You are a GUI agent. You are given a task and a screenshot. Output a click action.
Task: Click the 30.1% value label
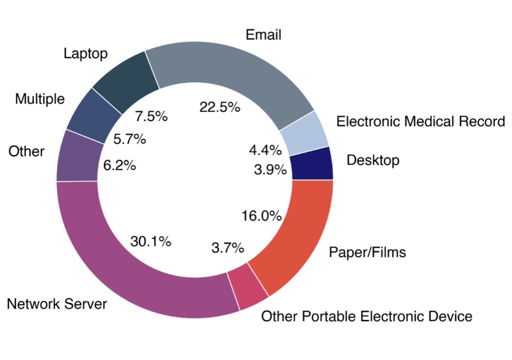pos(151,241)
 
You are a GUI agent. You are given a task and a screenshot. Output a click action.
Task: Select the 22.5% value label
pos(219,106)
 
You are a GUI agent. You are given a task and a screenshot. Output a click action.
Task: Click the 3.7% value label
pos(227,247)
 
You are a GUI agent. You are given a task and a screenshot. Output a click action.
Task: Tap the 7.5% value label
pos(151,116)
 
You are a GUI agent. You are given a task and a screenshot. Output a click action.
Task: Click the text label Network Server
pos(57,303)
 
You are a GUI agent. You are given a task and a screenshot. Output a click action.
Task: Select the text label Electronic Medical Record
pos(420,121)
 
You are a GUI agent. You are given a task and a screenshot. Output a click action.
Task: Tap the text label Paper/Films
pos(367,252)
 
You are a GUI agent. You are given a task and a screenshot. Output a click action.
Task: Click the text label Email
pos(263,35)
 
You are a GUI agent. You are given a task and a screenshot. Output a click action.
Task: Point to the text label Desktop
pos(373,160)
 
